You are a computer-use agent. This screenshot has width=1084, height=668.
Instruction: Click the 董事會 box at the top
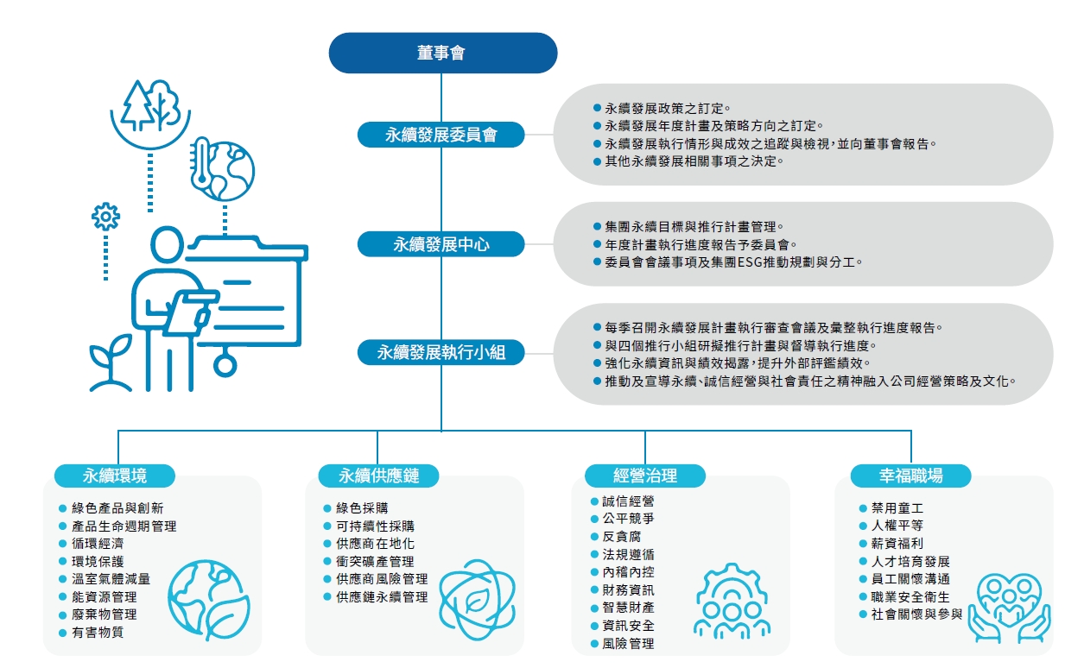tap(441, 54)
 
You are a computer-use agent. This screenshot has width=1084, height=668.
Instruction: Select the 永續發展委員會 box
tap(441, 135)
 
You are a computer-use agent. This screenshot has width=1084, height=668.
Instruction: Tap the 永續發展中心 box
tap(441, 245)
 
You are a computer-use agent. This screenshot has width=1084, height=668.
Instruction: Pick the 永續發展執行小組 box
tap(441, 352)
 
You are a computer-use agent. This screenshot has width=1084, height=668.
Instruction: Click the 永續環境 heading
tap(115, 476)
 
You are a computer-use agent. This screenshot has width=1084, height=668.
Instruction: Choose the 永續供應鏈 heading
tap(377, 476)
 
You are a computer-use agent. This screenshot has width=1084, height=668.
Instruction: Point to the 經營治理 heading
tap(645, 476)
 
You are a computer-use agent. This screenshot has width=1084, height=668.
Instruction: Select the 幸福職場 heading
tap(910, 476)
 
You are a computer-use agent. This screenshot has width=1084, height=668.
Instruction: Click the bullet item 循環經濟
tap(97, 544)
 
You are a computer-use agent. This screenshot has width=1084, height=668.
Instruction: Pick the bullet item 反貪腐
tap(622, 537)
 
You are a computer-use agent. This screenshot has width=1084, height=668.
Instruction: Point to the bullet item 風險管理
tap(628, 644)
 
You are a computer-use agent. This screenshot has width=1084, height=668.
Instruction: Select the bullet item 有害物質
tap(97, 633)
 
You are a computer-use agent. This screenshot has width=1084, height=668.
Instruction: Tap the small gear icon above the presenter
tap(105, 215)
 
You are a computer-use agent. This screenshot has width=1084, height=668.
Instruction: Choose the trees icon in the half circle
tap(149, 108)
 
